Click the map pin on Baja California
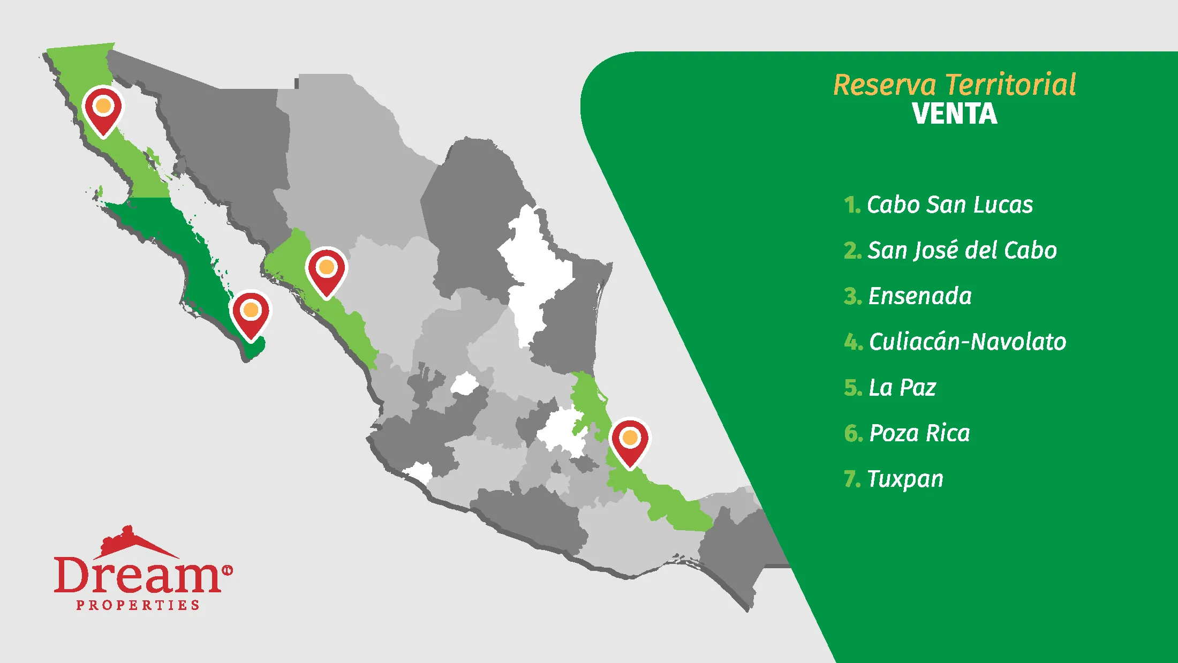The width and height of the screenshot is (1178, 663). click(103, 109)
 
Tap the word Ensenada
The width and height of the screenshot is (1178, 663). click(920, 296)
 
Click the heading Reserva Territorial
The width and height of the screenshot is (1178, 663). click(955, 85)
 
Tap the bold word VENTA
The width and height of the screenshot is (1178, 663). click(955, 114)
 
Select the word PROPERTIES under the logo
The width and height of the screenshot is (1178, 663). click(138, 605)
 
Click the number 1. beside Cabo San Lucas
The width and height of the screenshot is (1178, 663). click(852, 205)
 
